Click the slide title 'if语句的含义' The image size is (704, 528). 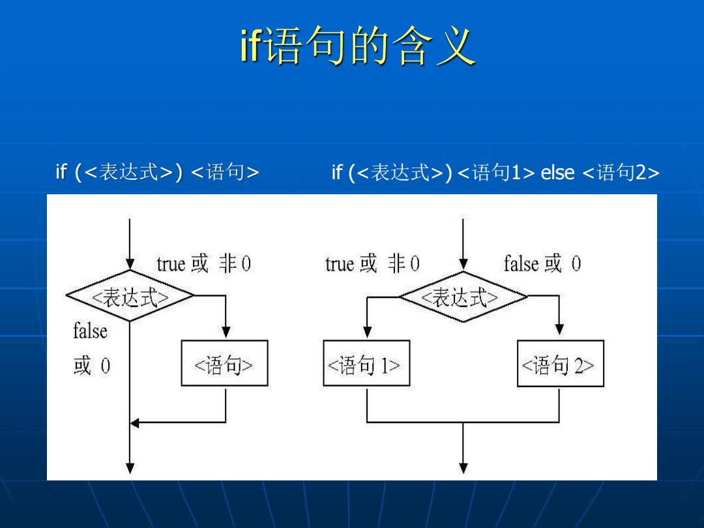click(358, 45)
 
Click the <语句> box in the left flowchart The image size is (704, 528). click(224, 363)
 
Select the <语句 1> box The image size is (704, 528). click(366, 363)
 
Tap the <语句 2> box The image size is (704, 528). click(561, 363)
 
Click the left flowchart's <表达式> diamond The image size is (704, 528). click(130, 296)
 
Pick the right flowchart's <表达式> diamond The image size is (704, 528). click(463, 297)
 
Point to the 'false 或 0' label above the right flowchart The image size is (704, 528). click(542, 263)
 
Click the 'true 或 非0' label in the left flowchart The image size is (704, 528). click(204, 263)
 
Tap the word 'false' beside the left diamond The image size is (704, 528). click(90, 331)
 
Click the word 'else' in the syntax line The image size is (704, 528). click(557, 172)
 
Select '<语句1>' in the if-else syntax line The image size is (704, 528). click(497, 172)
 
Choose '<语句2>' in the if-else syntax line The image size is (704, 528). click(621, 172)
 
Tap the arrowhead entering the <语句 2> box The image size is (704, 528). click(559, 330)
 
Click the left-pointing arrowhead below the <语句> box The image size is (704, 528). click(135, 422)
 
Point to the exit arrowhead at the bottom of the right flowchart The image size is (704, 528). click(463, 468)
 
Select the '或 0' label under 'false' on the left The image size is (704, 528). click(92, 366)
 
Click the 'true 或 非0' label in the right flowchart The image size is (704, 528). click(373, 263)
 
